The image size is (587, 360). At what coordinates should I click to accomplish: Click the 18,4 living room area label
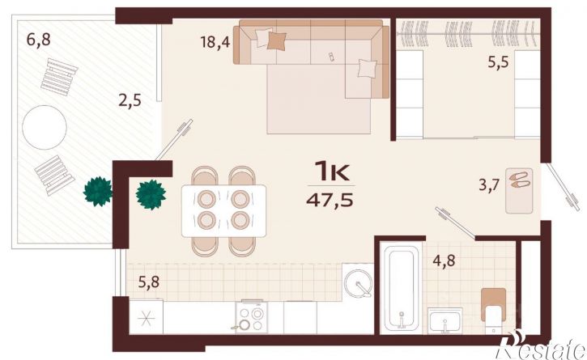(215, 41)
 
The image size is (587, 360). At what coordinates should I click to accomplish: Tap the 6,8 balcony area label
(39, 39)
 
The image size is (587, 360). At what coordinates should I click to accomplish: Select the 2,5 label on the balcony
(130, 100)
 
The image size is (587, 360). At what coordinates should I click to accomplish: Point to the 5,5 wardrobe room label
(498, 61)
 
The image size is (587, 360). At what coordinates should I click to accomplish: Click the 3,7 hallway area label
(490, 185)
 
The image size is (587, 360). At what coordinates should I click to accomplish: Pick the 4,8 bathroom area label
(444, 260)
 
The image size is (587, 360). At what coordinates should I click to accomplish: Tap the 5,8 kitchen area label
(149, 282)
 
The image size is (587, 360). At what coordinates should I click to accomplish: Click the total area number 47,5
(330, 201)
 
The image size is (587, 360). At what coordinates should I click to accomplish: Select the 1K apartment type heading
(332, 170)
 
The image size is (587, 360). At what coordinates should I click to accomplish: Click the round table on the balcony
(45, 127)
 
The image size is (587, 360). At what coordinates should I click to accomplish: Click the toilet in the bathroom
(493, 311)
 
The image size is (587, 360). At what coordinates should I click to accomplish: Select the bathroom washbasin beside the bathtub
(445, 320)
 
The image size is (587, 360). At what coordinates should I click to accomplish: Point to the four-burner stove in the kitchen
(252, 316)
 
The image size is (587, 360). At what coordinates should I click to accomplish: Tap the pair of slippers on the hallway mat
(519, 180)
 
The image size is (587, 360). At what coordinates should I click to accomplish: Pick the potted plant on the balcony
(98, 191)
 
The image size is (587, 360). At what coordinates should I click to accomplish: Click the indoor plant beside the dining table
(151, 195)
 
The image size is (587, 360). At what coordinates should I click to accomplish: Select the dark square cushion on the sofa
(277, 40)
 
